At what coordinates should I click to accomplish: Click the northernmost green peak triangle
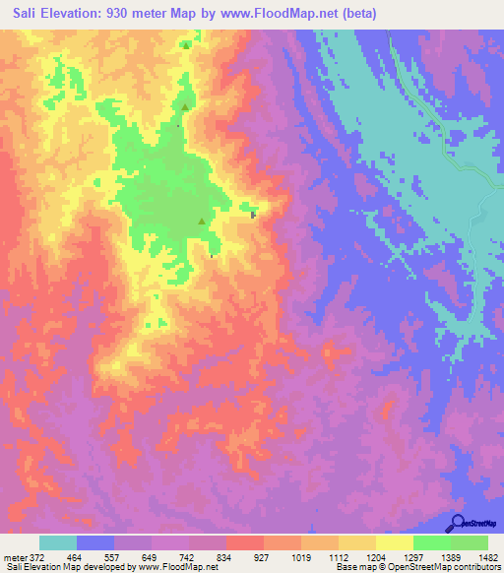tap(186, 45)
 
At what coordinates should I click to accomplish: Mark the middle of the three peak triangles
tap(184, 108)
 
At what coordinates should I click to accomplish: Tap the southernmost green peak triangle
tap(203, 222)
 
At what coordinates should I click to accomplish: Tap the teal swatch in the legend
tap(58, 542)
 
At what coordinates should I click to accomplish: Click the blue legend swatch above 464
tap(95, 542)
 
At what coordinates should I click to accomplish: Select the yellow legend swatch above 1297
tap(394, 542)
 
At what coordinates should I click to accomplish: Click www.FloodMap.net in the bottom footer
tap(177, 567)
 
